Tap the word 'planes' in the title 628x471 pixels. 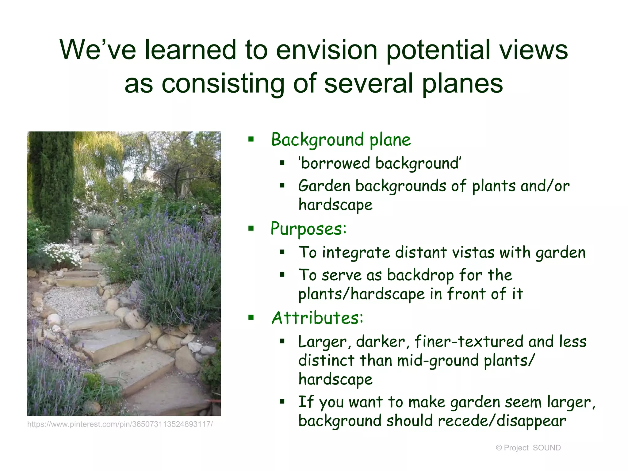[462, 83]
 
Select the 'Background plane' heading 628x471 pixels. [341, 140]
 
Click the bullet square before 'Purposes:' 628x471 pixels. [251, 228]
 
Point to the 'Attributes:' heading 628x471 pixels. [317, 318]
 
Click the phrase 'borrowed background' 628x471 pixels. [380, 163]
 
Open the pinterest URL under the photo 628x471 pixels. [120, 424]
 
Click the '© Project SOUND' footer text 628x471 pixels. [528, 448]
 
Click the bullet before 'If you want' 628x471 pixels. [282, 402]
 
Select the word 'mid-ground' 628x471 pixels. [437, 361]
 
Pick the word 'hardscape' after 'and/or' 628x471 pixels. [335, 205]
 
